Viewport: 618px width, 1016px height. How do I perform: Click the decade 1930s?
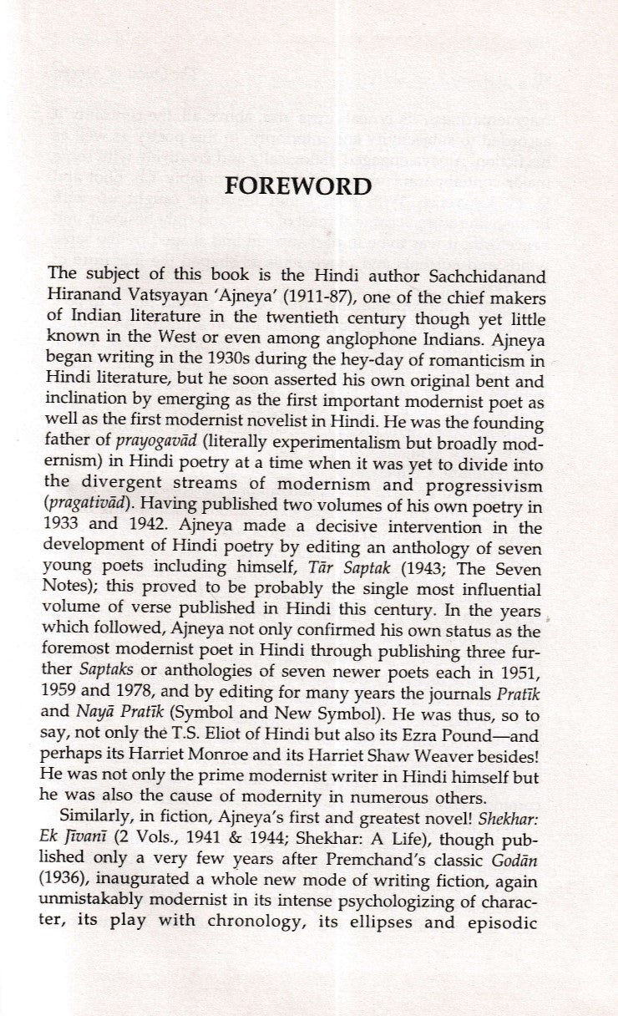(x=205, y=337)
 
